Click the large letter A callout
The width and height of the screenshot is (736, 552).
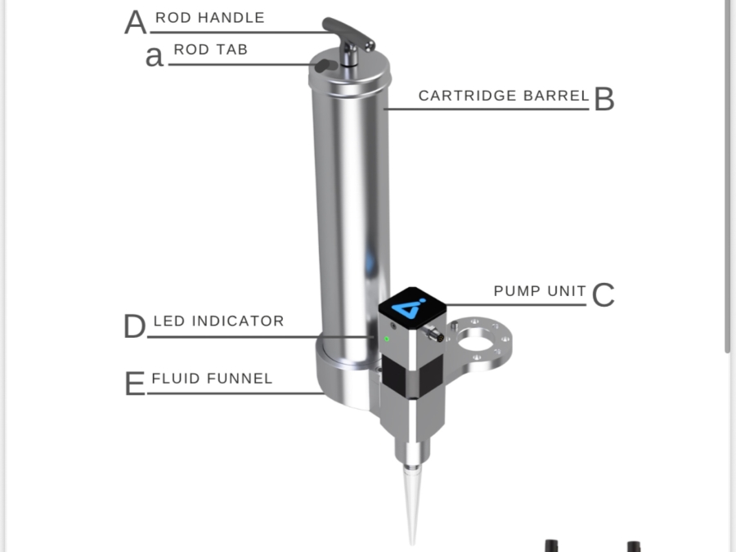(136, 23)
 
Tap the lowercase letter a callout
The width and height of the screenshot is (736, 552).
(154, 57)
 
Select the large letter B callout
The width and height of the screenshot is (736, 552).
(604, 99)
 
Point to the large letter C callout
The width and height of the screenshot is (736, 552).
(603, 295)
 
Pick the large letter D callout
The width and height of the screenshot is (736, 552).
(134, 327)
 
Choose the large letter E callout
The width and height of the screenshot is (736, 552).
(134, 384)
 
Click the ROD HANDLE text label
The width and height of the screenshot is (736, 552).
(210, 18)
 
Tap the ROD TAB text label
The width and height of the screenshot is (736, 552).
(210, 50)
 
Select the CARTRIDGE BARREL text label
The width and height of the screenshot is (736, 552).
(503, 96)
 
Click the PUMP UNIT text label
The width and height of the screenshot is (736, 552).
(540, 291)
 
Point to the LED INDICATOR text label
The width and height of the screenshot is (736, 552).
(218, 321)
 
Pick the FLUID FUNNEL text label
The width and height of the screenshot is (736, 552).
(212, 379)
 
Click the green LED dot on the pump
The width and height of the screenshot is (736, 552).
(387, 338)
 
